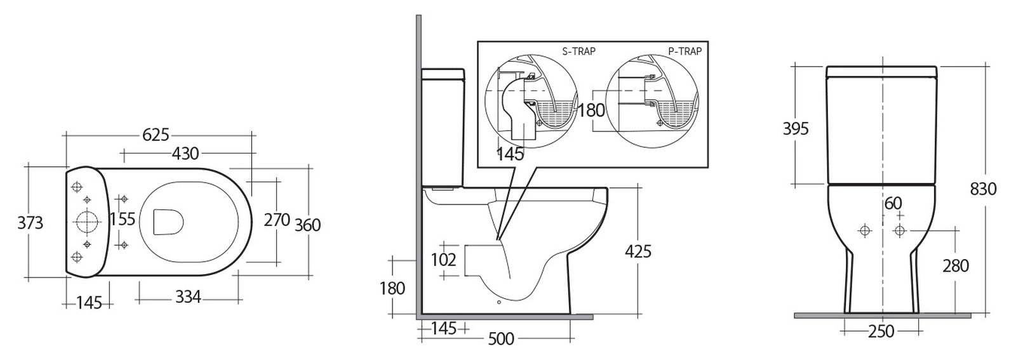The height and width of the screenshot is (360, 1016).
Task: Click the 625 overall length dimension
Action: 156,135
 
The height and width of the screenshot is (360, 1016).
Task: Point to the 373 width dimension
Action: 30,223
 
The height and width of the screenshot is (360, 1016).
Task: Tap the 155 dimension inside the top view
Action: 123,219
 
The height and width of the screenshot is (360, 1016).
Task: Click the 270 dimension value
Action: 277,220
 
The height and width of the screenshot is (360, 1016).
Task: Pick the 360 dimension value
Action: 308,225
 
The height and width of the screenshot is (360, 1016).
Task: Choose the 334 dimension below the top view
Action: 188,297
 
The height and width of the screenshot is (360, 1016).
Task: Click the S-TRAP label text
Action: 578,51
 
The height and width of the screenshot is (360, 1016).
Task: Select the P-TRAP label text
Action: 685,51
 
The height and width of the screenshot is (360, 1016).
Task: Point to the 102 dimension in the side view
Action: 443,259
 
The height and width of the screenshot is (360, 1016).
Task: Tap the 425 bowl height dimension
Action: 638,251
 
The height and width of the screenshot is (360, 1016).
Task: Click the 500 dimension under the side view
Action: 500,340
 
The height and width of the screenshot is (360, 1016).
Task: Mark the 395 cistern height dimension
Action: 796,129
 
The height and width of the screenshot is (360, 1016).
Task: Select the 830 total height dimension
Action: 984,189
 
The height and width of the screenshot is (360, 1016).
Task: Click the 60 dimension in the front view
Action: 893,204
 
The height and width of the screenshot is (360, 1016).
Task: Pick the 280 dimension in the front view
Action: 956,265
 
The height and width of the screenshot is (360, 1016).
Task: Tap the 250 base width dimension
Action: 881,331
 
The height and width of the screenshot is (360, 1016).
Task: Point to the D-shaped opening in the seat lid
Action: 168,221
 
